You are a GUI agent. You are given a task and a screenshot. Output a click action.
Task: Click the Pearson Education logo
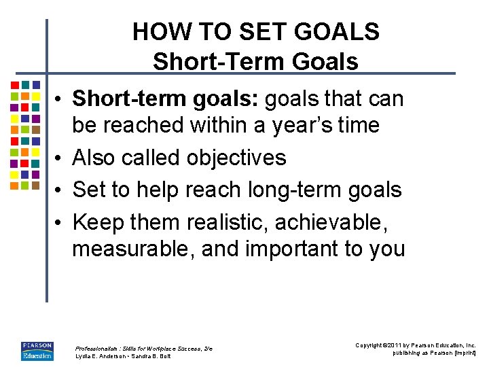(37, 351)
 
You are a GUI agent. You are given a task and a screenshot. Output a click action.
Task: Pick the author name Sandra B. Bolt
(153, 356)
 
